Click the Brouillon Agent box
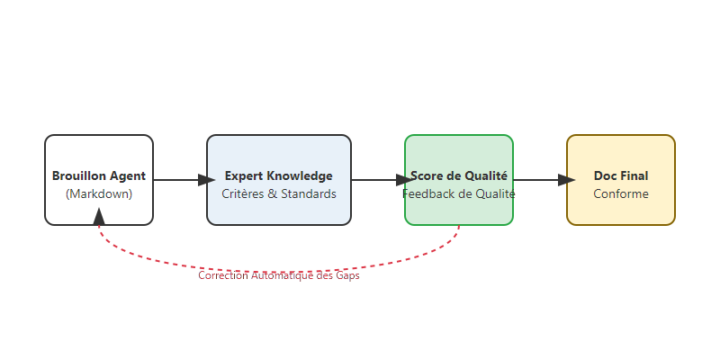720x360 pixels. tap(99, 180)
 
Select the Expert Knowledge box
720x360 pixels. tap(279, 180)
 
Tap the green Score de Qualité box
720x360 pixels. tap(459, 180)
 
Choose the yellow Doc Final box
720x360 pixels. tap(621, 180)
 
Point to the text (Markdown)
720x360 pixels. tap(99, 194)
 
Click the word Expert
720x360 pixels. tap(243, 176)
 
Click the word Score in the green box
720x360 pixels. tap(427, 176)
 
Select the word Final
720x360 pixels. tap(634, 176)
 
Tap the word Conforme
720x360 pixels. tap(621, 194)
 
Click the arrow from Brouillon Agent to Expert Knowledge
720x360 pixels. tap(180, 180)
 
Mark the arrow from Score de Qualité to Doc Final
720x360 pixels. tap(540, 180)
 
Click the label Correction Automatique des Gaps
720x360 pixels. tap(279, 276)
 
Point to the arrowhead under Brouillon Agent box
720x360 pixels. tap(99, 216)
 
